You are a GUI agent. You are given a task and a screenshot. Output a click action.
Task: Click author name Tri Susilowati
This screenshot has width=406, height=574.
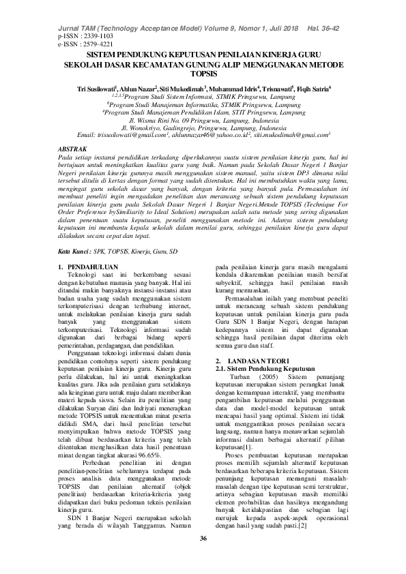tap(96, 89)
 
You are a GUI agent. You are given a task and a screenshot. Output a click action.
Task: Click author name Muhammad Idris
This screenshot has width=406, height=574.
tap(239, 89)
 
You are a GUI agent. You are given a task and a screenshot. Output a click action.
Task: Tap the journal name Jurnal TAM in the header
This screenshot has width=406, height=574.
tap(79, 27)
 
